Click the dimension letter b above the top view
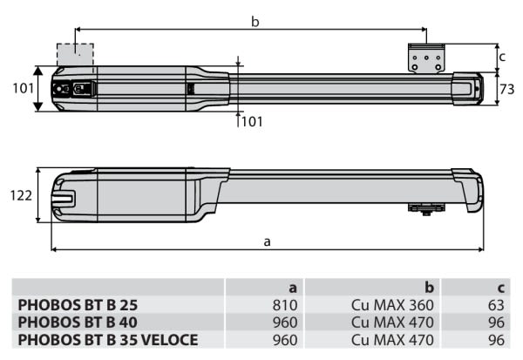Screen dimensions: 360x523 (x=255, y=22)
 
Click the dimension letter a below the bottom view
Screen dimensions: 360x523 (x=267, y=241)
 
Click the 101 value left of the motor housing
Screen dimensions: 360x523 (x=19, y=88)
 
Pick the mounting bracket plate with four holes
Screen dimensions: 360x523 (x=426, y=59)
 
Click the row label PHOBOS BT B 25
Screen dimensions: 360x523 (x=78, y=306)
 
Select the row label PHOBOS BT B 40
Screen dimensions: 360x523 (x=78, y=323)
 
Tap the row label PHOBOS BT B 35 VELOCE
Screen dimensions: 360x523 (x=107, y=339)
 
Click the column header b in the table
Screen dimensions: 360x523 (x=429, y=288)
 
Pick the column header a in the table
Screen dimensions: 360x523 (x=294, y=288)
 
